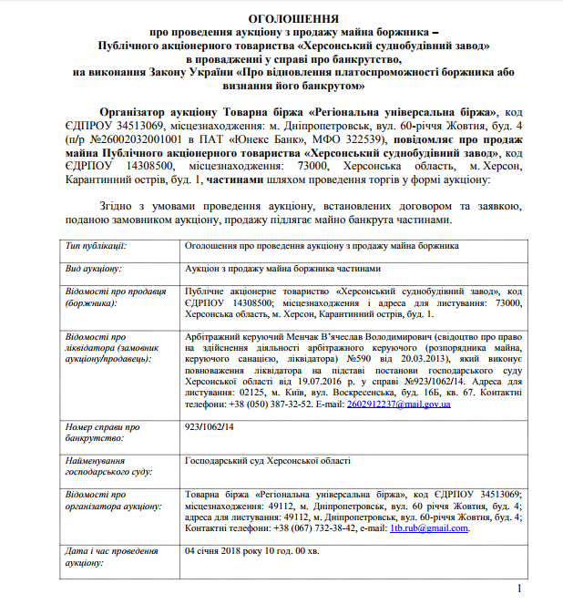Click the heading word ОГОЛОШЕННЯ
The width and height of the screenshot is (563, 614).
pyautogui.click(x=281, y=18)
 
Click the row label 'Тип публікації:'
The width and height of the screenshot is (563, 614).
pyautogui.click(x=96, y=246)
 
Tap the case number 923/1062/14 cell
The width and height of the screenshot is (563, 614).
pyautogui.click(x=209, y=425)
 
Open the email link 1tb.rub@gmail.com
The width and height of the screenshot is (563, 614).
pyautogui.click(x=429, y=527)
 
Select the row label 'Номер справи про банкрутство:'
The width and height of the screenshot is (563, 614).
pyautogui.click(x=102, y=431)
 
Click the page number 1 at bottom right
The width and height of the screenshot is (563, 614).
pyautogui.click(x=518, y=589)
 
